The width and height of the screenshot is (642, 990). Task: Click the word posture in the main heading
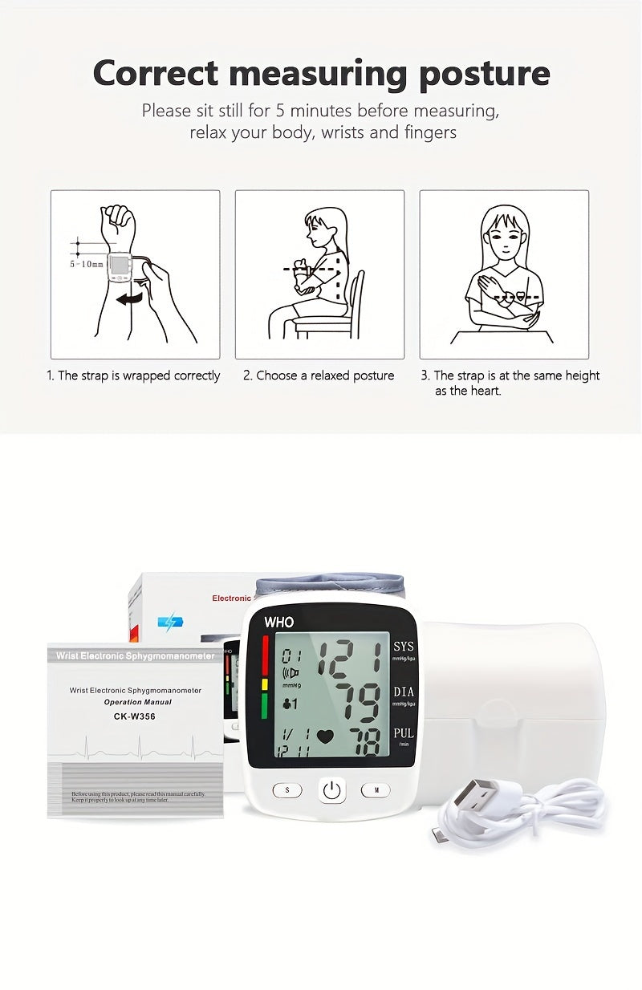coord(484,74)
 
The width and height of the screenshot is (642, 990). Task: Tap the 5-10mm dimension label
coord(86,263)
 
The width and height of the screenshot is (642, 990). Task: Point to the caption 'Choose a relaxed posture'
coord(319,375)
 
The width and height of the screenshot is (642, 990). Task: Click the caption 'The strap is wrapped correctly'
coord(133,375)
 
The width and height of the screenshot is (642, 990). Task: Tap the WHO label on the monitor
coord(279,622)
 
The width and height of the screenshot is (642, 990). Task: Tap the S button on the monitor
coord(287,790)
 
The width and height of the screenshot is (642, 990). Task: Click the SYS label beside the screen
coord(404,647)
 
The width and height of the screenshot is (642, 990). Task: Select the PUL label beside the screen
coord(404,733)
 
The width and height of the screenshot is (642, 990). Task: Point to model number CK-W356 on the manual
coord(134,716)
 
